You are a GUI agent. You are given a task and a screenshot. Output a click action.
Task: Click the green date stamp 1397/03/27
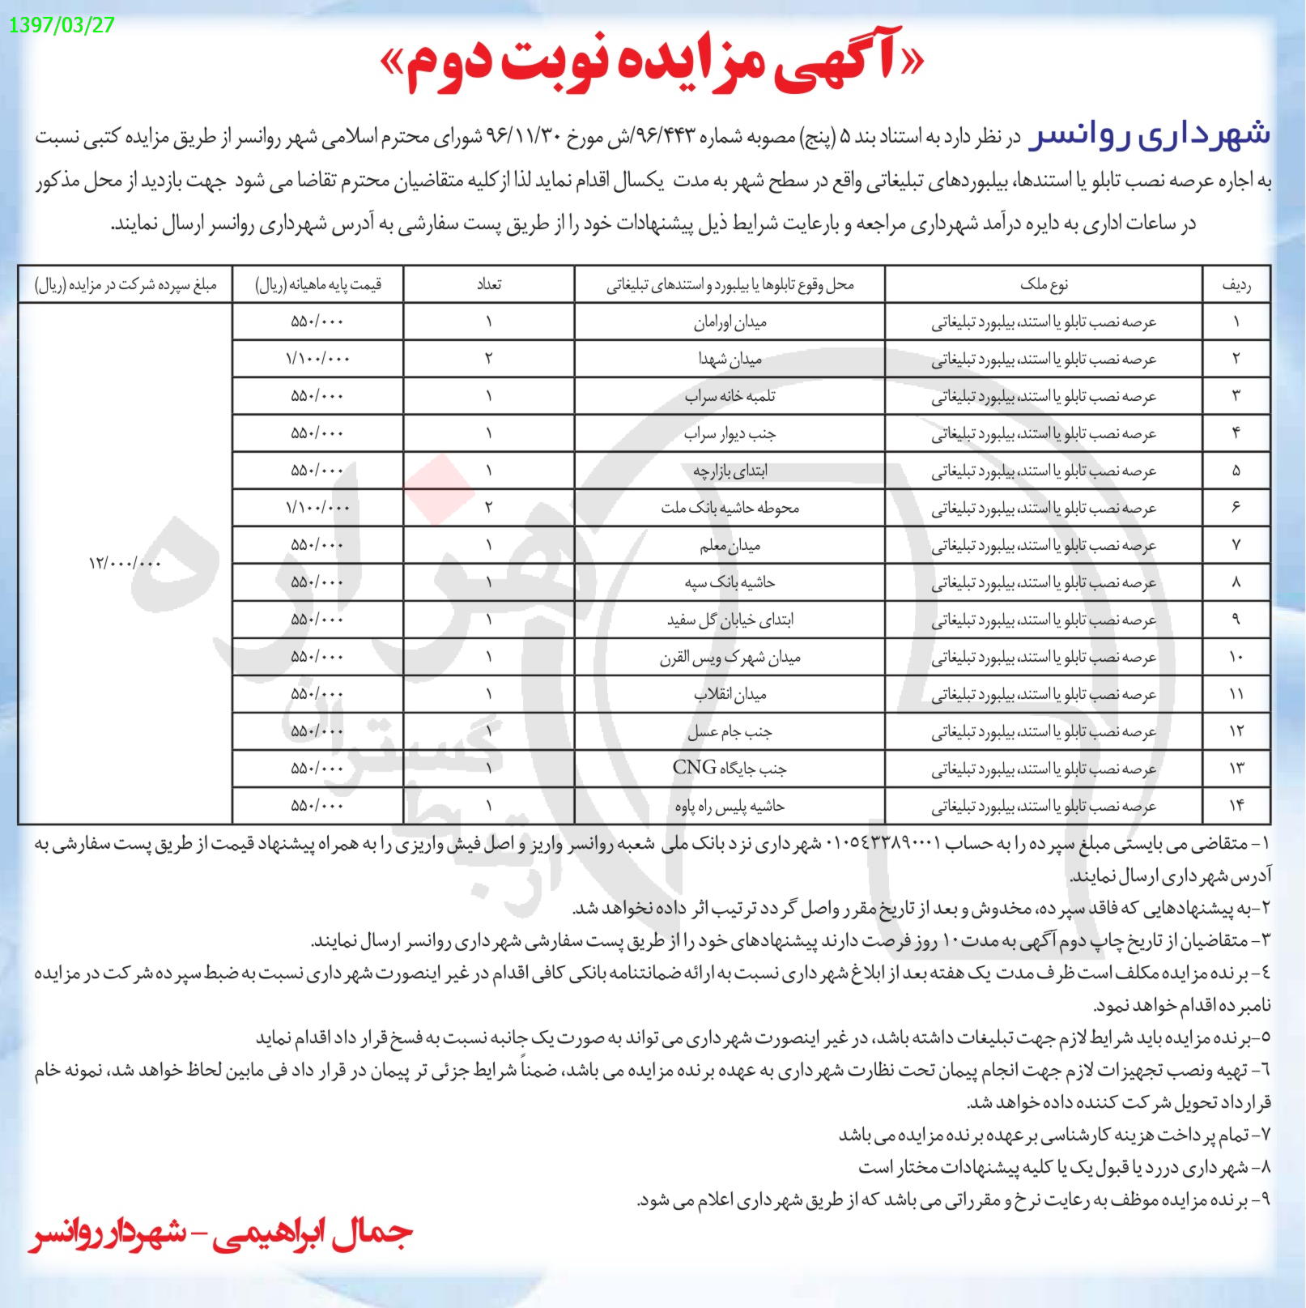pyautogui.click(x=62, y=24)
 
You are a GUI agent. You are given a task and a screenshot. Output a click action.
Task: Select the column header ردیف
pyautogui.click(x=1236, y=284)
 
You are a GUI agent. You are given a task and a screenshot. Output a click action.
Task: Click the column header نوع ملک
pyautogui.click(x=1045, y=284)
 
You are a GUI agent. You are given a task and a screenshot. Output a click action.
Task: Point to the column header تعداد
pyautogui.click(x=488, y=284)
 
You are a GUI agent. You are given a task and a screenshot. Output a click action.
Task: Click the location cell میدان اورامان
pyautogui.click(x=730, y=322)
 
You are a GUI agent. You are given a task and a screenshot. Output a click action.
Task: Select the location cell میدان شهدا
pyautogui.click(x=730, y=359)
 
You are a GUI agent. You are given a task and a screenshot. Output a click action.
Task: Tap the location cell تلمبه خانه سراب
pyautogui.click(x=730, y=396)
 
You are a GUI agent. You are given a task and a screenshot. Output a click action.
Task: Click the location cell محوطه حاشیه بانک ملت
pyautogui.click(x=730, y=508)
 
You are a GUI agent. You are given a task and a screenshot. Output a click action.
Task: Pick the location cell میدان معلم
pyautogui.click(x=730, y=545)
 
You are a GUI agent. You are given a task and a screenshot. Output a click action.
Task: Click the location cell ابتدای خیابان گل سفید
pyautogui.click(x=730, y=620)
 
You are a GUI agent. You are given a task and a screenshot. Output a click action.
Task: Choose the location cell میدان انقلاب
pyautogui.click(x=730, y=694)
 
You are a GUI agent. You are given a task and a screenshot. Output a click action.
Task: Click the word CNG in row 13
pyautogui.click(x=694, y=767)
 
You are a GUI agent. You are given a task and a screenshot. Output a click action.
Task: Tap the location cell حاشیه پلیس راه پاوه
pyautogui.click(x=730, y=806)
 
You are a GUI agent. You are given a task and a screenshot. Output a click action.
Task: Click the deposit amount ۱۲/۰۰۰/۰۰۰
pyautogui.click(x=125, y=562)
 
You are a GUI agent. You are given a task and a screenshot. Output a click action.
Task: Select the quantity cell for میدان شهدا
pyautogui.click(x=488, y=359)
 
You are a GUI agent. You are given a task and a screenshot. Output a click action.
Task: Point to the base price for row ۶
pyautogui.click(x=317, y=508)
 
